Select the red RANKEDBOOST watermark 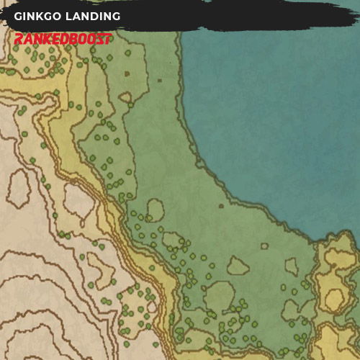click(63, 40)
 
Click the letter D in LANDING click(92, 16)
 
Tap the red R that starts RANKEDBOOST click(19, 40)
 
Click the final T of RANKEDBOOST click(108, 40)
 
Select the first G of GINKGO click(18, 16)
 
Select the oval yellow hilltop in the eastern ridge click(334, 297)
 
